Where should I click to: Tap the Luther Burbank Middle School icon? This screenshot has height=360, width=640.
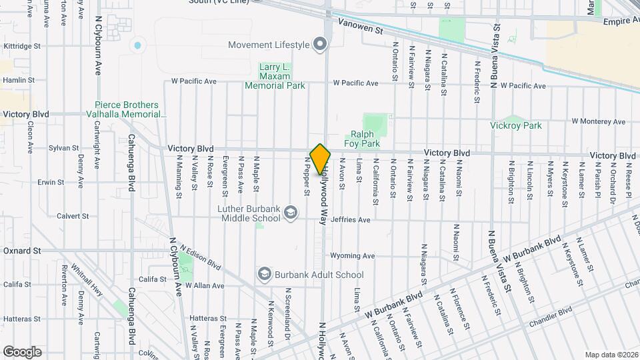(x=290, y=213)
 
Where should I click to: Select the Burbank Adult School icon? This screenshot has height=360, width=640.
(x=265, y=274)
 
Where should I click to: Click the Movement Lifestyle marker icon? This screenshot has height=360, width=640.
(x=321, y=45)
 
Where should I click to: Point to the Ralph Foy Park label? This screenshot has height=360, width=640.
(x=362, y=139)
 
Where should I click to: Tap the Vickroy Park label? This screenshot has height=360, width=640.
(x=515, y=125)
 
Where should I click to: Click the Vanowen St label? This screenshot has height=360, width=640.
(x=361, y=29)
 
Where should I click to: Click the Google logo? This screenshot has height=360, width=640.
(x=22, y=351)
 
